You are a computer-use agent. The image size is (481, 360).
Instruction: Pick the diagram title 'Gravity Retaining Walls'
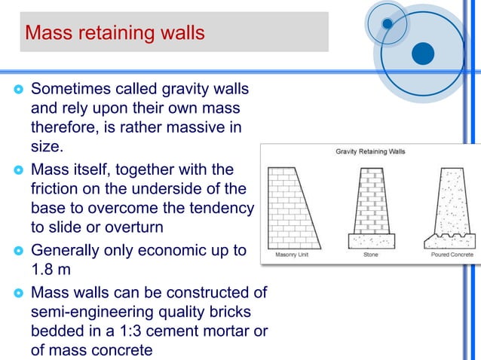[x=369, y=151]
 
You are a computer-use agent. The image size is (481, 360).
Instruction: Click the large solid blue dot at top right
[x=423, y=53]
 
